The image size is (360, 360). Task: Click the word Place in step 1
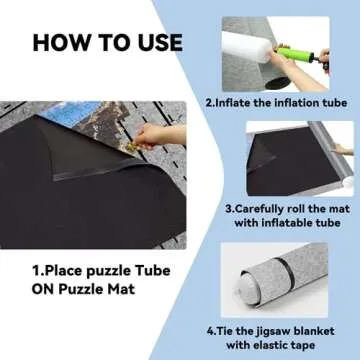(61, 270)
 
